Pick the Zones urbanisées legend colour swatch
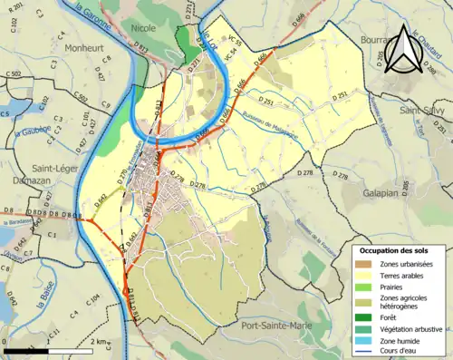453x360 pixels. tap(365, 263)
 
